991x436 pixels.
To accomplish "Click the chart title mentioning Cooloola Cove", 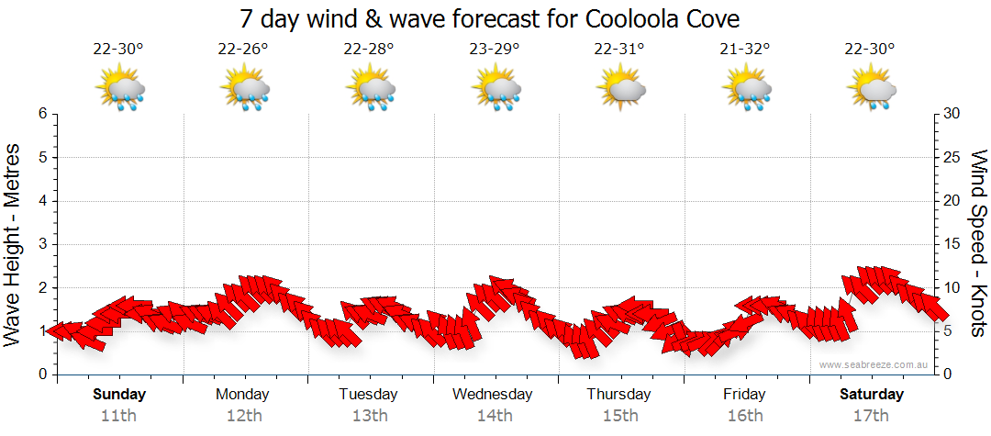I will (489, 18).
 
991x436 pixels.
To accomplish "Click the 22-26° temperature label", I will (243, 50).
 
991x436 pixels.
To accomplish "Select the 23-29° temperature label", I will (494, 50).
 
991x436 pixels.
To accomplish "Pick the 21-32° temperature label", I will (744, 50).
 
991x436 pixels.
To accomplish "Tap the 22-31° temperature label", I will (619, 50).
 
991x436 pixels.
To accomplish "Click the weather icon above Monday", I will (244, 89).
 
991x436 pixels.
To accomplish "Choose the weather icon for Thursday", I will (620, 89).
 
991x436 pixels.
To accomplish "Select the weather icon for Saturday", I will (871, 89).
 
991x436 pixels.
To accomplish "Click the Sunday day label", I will (118, 395).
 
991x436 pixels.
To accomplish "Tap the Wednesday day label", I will (493, 395).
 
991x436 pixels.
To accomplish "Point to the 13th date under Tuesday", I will (368, 415).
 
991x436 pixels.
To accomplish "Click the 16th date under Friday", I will (744, 415).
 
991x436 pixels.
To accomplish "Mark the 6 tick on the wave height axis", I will (42, 114).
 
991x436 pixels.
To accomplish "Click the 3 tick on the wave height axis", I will (42, 244).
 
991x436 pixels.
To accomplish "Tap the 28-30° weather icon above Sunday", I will (119, 89).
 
